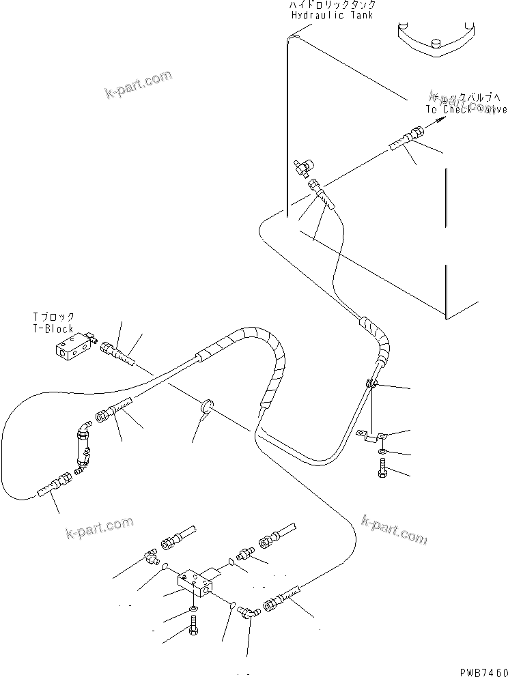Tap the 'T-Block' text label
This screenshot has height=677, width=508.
pyautogui.click(x=54, y=328)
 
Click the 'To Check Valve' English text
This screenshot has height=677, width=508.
pyautogui.click(x=466, y=109)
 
